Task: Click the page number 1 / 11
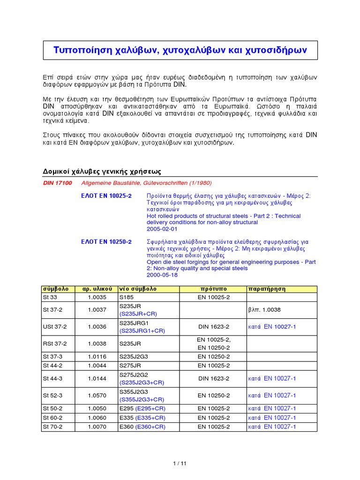(180, 464)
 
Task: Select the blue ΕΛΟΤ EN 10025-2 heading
(106, 195)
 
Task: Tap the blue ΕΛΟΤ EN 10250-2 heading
(106, 242)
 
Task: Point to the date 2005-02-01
(162, 229)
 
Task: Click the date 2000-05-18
(162, 275)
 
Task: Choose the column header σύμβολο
(56, 289)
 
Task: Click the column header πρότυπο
(213, 289)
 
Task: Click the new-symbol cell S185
(127, 297)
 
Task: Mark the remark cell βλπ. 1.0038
(266, 310)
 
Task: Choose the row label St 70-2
(52, 427)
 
